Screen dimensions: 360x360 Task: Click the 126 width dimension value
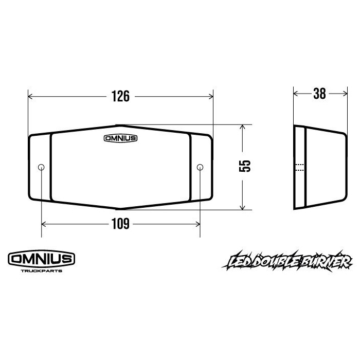point(120,96)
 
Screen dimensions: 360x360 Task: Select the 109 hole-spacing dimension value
point(120,224)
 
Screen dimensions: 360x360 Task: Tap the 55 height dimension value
point(245,166)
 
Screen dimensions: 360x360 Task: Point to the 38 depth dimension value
point(319,94)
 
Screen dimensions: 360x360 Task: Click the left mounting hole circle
point(41,167)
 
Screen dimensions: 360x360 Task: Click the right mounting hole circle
point(200,167)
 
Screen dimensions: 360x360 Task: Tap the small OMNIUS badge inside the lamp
point(120,138)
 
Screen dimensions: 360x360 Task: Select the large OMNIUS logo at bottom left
point(42,259)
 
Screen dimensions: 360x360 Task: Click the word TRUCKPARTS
point(42,271)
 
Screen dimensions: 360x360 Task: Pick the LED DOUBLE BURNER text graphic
point(287,261)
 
